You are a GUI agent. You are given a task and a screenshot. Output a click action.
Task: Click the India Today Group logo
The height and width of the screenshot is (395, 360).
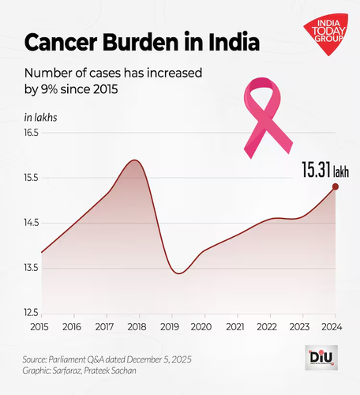(326, 34)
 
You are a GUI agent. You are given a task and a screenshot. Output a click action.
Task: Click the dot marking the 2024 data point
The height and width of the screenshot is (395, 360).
(336, 186)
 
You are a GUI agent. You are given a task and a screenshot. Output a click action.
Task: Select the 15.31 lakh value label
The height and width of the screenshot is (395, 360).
(325, 170)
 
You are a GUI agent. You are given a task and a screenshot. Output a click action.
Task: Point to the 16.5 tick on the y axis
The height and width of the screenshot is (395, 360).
(32, 133)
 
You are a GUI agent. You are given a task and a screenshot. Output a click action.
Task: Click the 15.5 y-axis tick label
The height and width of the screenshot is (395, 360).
(32, 178)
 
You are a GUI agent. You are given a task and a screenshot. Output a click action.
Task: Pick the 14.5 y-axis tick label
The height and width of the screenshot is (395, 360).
(32, 223)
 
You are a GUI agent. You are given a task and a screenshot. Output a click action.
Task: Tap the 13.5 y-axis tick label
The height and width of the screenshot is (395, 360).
(32, 268)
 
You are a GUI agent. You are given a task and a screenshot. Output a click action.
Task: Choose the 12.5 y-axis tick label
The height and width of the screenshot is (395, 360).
(32, 313)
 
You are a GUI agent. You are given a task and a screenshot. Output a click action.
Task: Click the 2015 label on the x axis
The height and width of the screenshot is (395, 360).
(39, 327)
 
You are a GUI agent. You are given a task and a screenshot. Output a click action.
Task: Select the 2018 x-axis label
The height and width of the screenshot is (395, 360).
(137, 327)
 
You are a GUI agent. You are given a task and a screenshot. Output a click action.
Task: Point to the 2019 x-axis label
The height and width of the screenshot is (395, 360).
(170, 327)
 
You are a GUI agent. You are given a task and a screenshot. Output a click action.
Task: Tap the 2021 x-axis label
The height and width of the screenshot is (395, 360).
(235, 327)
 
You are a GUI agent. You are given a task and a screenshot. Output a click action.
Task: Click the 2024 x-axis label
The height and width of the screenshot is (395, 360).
(332, 327)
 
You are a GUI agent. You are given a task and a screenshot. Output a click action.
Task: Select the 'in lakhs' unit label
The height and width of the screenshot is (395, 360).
(40, 118)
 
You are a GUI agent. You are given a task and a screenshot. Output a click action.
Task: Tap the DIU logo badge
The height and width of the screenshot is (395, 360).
(321, 358)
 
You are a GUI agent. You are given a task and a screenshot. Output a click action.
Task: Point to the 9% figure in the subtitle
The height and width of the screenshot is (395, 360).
(49, 89)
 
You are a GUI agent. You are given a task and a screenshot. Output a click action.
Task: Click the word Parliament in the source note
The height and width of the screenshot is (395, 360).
(67, 359)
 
